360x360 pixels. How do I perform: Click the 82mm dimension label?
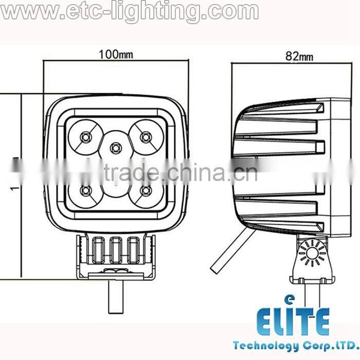pyautogui.click(x=299, y=57)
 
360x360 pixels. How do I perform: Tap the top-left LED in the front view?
pyautogui.click(x=86, y=136)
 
